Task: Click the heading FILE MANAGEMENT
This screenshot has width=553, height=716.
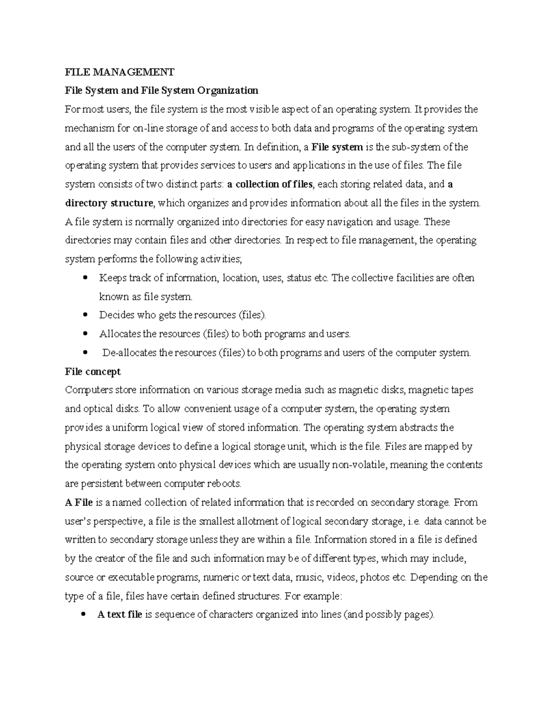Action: click(120, 72)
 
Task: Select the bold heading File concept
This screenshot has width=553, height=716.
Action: click(93, 372)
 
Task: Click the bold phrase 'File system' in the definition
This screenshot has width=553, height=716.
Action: click(337, 147)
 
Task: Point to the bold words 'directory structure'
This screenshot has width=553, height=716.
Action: click(109, 203)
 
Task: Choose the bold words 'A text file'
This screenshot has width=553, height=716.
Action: click(120, 615)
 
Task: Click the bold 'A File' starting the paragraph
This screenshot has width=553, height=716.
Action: click(79, 503)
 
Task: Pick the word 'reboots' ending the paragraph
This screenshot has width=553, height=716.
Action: click(226, 484)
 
